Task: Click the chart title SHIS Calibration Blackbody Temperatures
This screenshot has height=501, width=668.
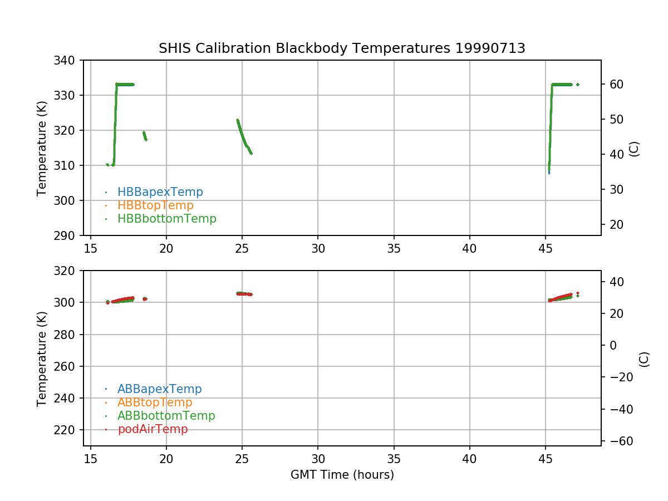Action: click(x=342, y=48)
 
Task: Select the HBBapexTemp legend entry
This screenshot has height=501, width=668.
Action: click(x=160, y=192)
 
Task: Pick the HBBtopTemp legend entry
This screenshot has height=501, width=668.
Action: click(x=155, y=205)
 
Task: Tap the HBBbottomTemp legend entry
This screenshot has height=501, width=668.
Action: click(x=166, y=219)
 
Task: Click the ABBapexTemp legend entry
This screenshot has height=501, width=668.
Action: click(x=159, y=389)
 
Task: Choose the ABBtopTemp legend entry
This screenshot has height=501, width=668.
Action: click(x=155, y=402)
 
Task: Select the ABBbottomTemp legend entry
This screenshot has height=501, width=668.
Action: click(x=166, y=416)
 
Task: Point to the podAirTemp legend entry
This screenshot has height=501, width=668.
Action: click(x=153, y=429)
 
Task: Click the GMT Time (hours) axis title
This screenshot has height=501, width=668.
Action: click(x=342, y=475)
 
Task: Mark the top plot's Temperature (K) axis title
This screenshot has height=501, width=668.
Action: click(x=42, y=148)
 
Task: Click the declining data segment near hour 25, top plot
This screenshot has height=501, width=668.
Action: click(x=243, y=136)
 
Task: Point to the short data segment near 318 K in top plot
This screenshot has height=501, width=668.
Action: click(x=145, y=136)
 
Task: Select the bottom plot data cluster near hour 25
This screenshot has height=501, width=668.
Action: click(x=244, y=293)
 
